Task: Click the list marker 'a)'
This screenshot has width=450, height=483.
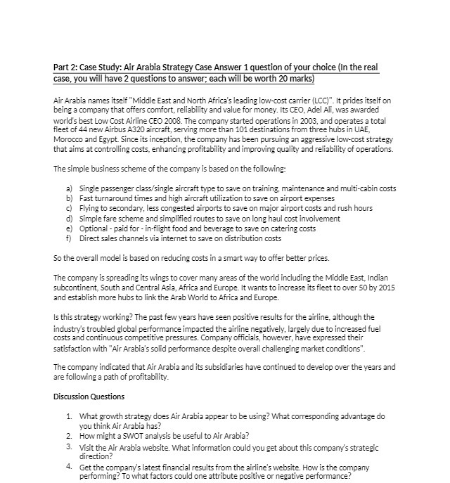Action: tap(69, 189)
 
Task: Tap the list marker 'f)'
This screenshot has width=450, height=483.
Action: tap(69, 238)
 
